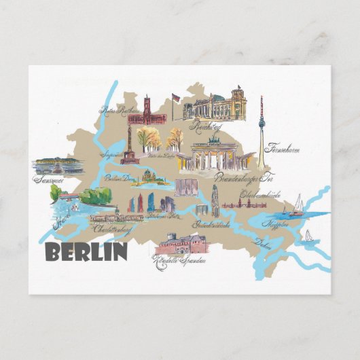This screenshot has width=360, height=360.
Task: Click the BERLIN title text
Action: click(86, 252)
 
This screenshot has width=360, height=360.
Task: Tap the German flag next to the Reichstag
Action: click(176, 98)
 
